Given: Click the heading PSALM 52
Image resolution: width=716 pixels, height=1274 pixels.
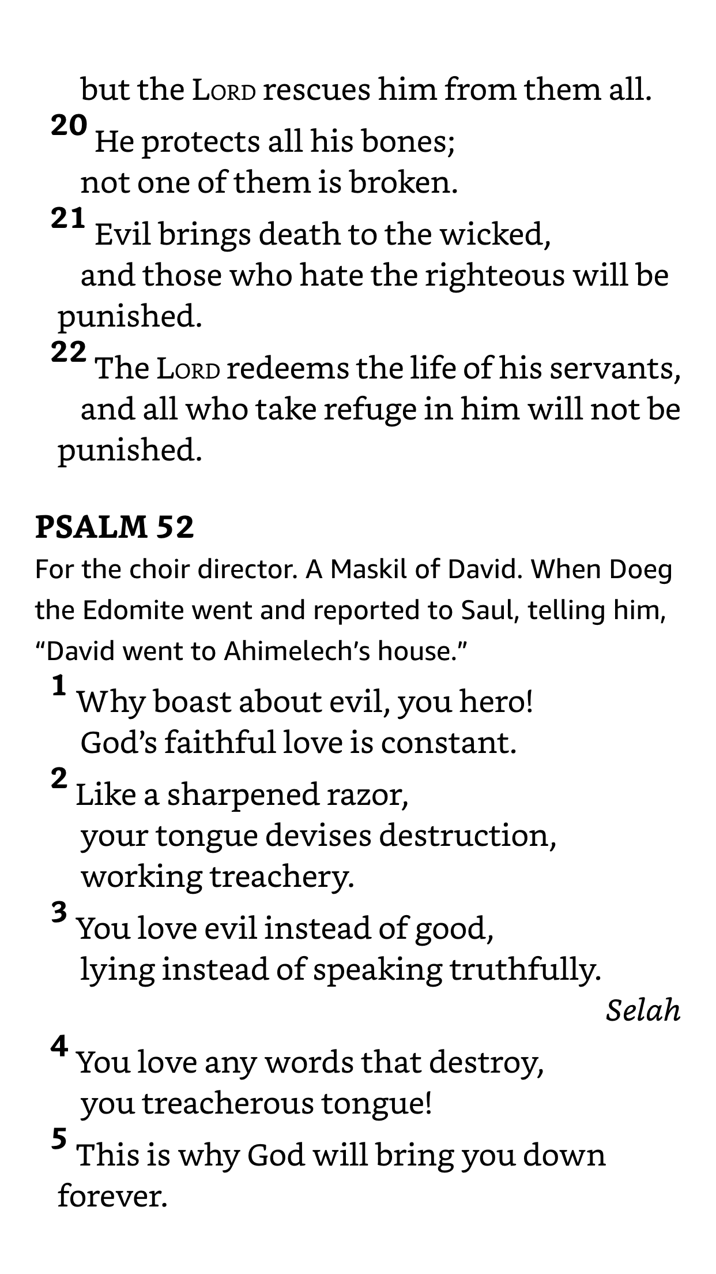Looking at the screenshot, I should point(114,527).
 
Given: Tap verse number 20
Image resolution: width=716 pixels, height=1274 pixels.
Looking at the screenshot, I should point(69,125).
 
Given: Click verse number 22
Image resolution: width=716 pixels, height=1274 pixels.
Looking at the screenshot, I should point(69,351).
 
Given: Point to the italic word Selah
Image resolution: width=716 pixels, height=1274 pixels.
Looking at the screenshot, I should point(643,1010).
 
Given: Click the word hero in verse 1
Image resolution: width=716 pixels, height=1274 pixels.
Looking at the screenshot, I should point(496,702).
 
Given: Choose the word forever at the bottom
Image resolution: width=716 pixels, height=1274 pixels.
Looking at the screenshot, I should point(112,1196).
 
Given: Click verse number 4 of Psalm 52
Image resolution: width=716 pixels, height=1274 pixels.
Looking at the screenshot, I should point(59,1046).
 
